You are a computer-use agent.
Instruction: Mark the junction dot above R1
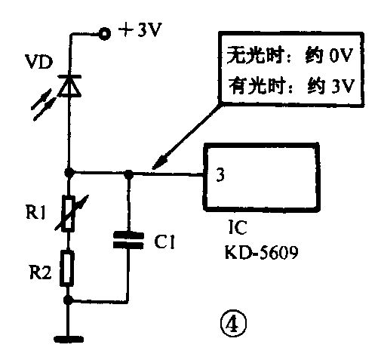point(69,173)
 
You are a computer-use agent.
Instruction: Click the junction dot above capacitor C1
point(129,174)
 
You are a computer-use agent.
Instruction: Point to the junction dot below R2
point(69,300)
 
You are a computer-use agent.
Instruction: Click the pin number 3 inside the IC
point(220,176)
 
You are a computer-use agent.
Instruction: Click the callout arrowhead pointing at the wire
point(158,164)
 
